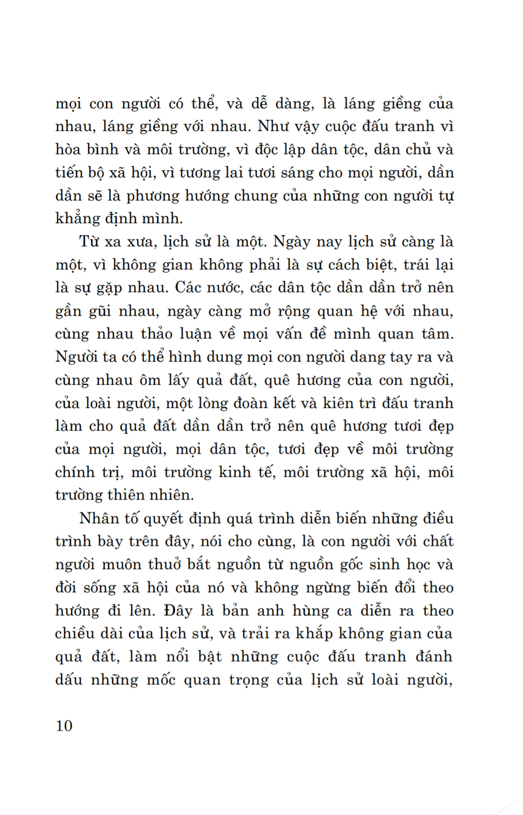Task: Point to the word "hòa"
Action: tap(68, 149)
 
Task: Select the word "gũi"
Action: tap(100, 311)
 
